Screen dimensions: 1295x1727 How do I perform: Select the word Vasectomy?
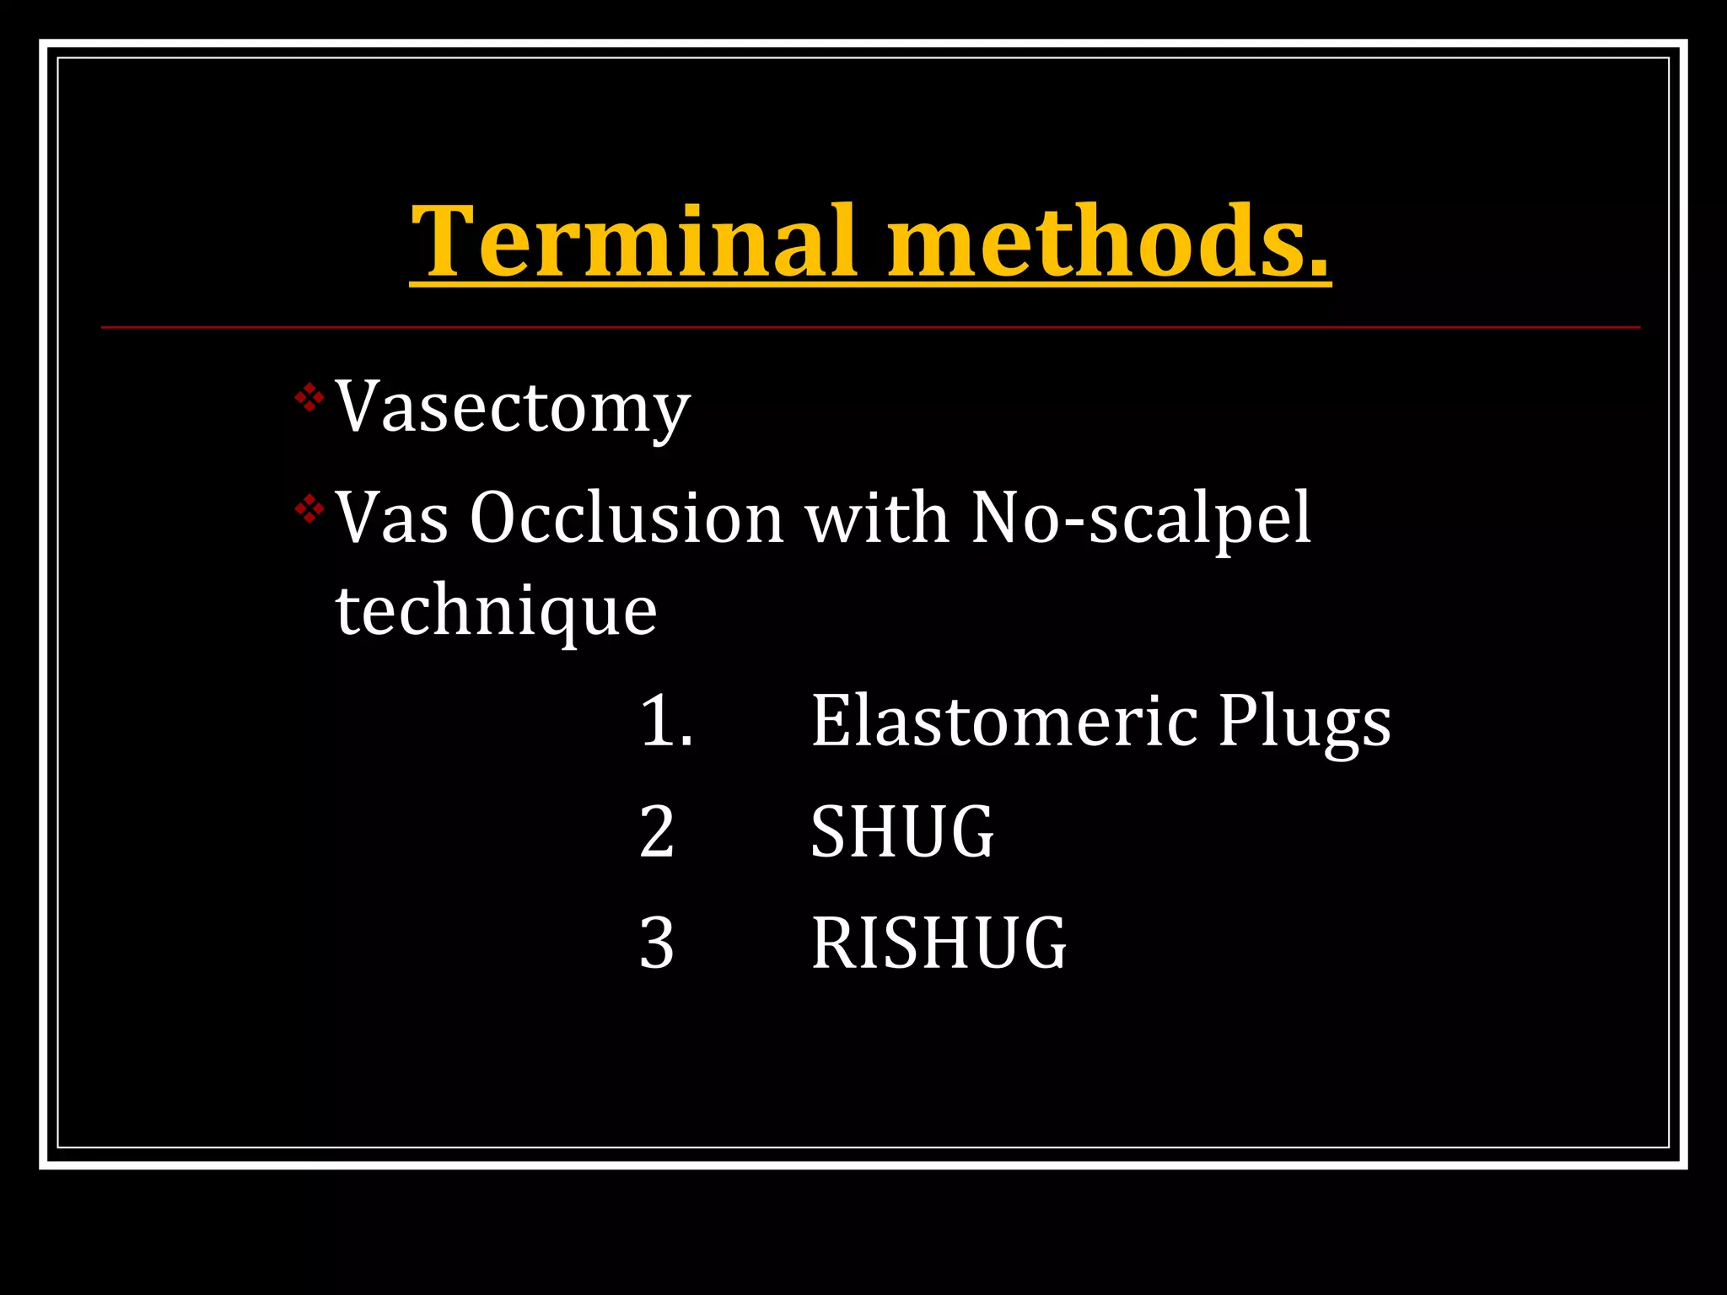(x=513, y=408)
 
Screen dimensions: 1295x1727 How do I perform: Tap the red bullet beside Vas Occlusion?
(x=309, y=509)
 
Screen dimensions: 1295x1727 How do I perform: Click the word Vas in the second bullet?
(x=392, y=518)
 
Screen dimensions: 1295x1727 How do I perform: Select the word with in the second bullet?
(x=877, y=518)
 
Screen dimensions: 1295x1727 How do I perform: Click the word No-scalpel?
(x=1141, y=519)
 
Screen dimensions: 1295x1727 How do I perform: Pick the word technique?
(x=496, y=612)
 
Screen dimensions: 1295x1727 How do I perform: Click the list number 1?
(x=665, y=722)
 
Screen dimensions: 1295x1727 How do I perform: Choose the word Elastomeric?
(x=1004, y=722)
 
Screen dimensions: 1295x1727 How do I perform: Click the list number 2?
(x=657, y=832)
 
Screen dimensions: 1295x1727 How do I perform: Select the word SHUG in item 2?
(x=902, y=832)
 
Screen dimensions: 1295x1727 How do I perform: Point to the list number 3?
(x=657, y=943)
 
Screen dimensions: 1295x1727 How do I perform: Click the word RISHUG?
(x=939, y=943)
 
